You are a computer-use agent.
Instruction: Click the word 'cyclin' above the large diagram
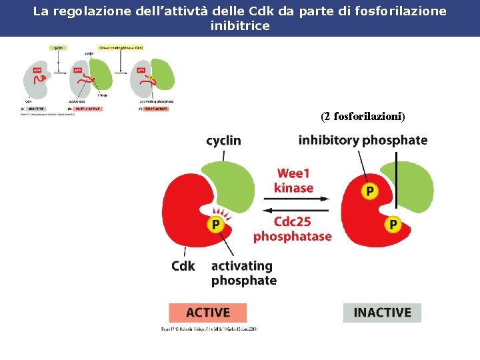click(223, 141)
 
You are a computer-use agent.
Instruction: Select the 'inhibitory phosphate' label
click(363, 140)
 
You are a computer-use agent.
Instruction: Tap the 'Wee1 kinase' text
click(293, 181)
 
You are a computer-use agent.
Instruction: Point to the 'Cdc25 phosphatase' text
click(292, 229)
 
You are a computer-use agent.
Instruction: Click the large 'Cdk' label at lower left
click(183, 266)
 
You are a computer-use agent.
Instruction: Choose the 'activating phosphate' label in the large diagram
click(243, 273)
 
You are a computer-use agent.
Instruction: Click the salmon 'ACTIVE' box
click(207, 313)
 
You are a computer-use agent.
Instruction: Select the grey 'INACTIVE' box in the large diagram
click(382, 313)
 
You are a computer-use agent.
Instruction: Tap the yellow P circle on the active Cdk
click(215, 225)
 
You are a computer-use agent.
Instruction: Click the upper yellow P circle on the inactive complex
click(369, 191)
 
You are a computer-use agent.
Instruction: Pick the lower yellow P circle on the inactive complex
click(393, 225)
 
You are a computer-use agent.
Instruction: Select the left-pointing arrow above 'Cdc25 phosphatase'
click(293, 211)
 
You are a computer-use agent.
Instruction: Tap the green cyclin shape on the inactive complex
click(413, 185)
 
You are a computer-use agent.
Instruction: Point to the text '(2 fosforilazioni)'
click(363, 117)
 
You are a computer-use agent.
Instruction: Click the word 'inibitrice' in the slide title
click(240, 26)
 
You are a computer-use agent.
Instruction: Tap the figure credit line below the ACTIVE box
click(209, 329)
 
